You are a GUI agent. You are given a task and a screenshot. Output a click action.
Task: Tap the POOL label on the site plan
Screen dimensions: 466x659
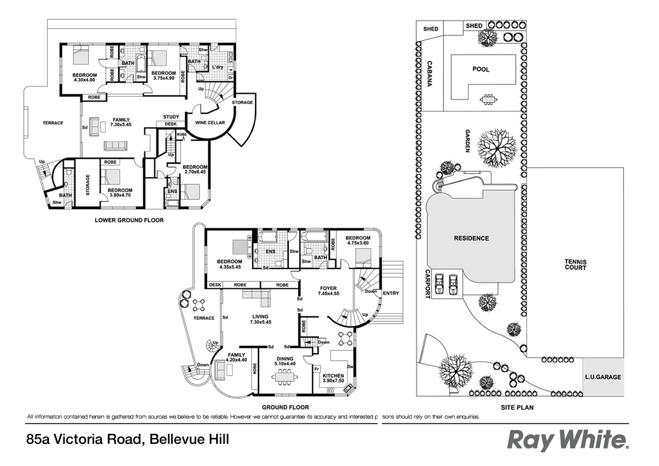481,69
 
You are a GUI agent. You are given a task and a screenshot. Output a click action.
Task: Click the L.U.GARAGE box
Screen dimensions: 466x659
603,377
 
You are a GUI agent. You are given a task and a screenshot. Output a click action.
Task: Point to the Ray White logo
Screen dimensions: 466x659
567,440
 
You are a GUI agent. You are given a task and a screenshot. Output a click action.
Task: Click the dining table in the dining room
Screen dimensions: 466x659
285,378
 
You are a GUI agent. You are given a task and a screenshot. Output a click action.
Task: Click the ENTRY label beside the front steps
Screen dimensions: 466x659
391,293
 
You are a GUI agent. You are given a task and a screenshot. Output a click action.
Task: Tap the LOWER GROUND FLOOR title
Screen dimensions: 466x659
129,220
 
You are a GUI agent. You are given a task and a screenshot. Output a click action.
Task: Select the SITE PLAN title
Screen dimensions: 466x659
517,407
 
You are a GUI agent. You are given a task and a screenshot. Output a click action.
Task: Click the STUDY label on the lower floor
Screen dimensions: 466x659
171,116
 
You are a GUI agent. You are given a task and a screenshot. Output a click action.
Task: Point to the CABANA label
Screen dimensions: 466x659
429,74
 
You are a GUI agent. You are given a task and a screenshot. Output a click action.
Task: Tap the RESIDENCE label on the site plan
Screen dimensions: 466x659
471,238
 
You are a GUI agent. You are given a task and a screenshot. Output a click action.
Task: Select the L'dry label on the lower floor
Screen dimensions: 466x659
218,67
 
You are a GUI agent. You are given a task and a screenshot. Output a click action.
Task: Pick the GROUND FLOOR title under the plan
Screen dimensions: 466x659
285,407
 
